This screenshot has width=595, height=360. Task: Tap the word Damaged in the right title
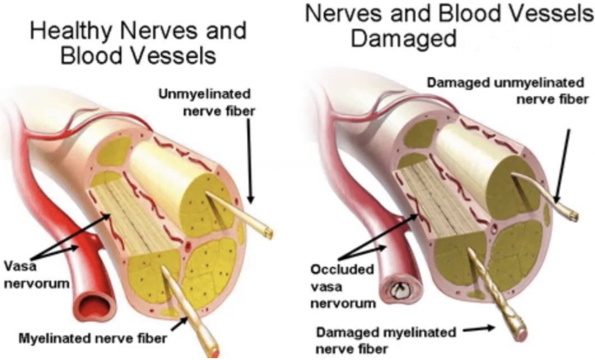point(403,38)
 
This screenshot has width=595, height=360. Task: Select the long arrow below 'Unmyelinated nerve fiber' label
point(249,160)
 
